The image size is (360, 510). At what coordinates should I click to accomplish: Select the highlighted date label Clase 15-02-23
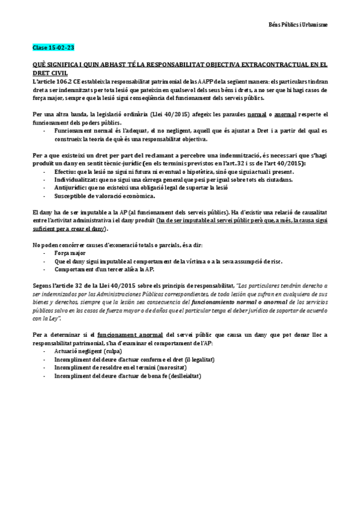(53, 47)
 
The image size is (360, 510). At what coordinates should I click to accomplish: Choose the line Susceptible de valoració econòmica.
(104, 196)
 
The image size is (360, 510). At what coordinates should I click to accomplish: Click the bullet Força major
(71, 253)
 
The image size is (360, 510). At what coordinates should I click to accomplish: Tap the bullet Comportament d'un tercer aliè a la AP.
(104, 270)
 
